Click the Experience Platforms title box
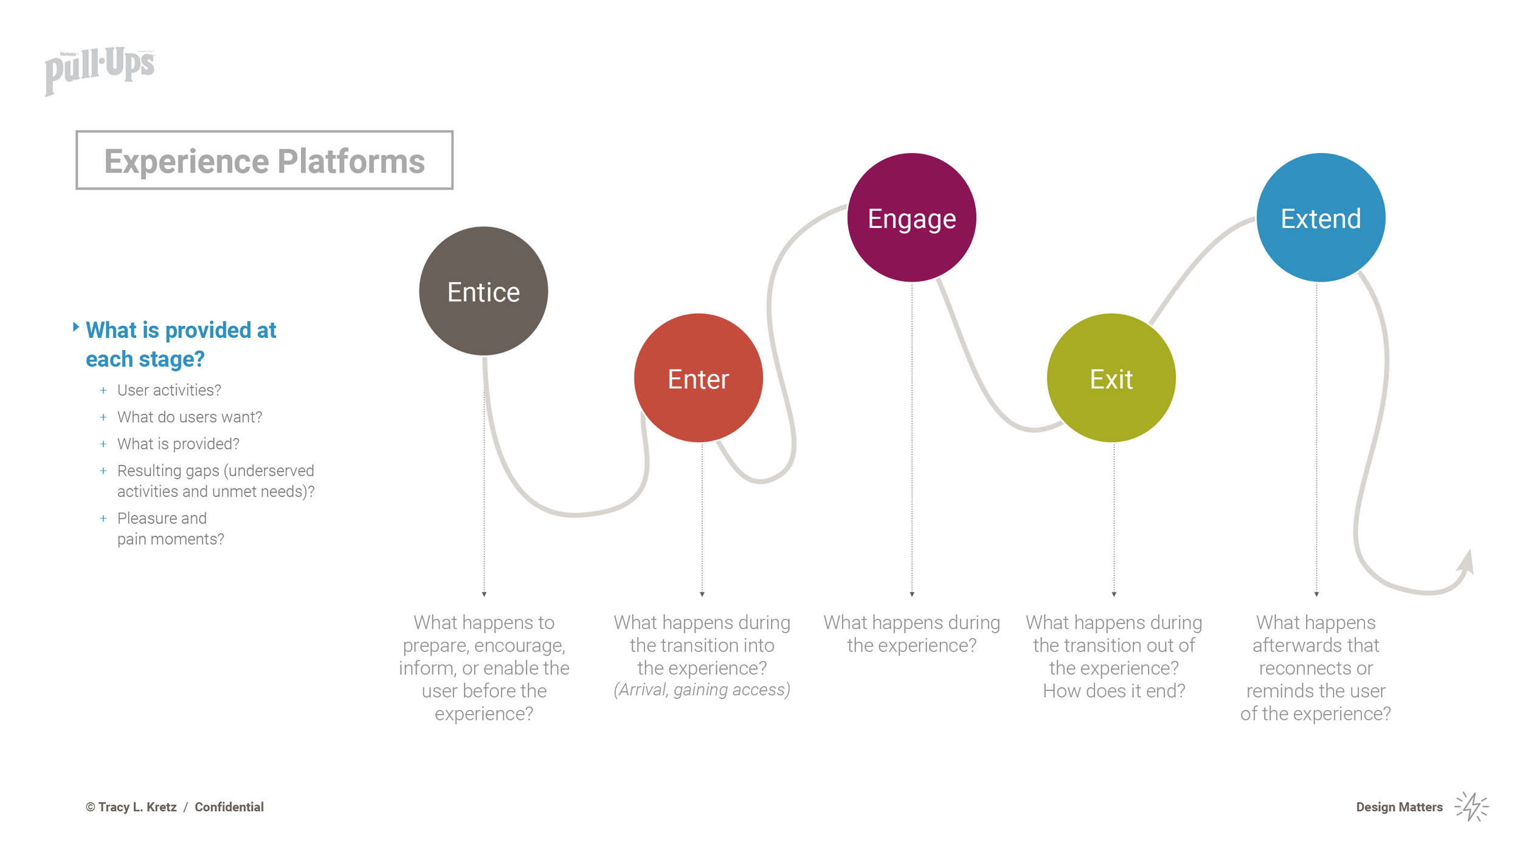pos(264,160)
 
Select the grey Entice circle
pos(483,291)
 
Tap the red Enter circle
pos(698,378)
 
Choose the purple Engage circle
pos(911,218)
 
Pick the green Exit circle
pos(1111,378)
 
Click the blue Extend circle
pos(1321,218)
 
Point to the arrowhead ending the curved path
pos(1467,562)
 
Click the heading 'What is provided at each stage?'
pos(181,344)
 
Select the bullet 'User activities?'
pos(169,390)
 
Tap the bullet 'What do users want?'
pos(190,417)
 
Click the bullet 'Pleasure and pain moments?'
pos(170,529)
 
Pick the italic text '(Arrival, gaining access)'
pos(702,690)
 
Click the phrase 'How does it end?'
pos(1114,691)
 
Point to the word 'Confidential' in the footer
pos(229,807)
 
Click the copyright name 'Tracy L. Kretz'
pos(137,807)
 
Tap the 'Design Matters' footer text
pos(1399,807)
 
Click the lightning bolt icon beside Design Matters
pos(1471,806)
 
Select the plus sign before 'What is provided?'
pos(103,444)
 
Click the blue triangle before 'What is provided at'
pos(76,327)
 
